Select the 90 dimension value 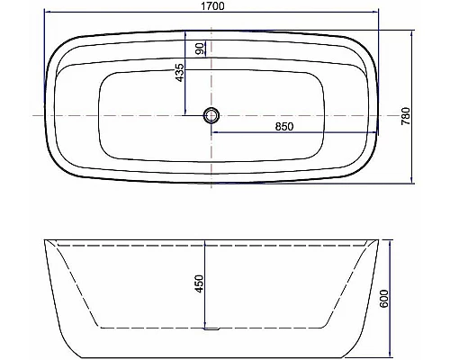click(200, 47)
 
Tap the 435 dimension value click(180, 73)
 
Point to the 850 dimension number click(284, 127)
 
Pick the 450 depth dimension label click(200, 283)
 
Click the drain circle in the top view click(211, 115)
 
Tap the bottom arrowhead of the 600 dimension click(390, 351)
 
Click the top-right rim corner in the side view click(379, 242)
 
